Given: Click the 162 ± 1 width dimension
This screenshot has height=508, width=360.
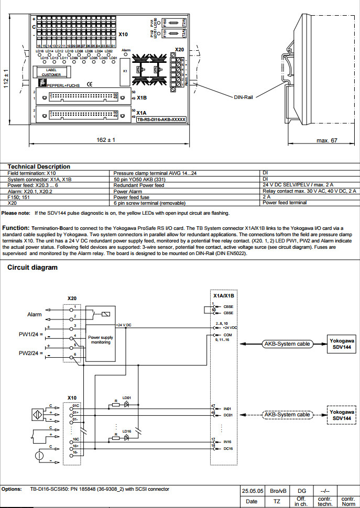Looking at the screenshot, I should [x=106, y=140].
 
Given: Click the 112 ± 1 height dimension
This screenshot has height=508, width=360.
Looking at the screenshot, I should [x=6, y=79].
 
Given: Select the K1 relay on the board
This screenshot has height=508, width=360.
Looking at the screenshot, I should [x=125, y=70].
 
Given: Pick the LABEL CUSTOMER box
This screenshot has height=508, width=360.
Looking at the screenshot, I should [x=51, y=72].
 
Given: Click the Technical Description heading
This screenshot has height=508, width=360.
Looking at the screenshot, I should [x=39, y=167].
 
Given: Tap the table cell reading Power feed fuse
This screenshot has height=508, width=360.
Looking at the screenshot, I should [x=131, y=196].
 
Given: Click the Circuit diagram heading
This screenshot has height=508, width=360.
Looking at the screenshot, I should [x=32, y=268].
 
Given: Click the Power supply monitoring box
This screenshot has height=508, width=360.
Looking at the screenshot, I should [x=101, y=340].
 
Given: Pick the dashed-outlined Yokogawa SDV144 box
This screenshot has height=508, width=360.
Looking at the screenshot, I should [x=342, y=415].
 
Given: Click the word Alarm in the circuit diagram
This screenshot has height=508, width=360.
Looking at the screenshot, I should [x=35, y=314].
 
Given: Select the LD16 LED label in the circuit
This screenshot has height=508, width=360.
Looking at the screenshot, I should [x=127, y=431].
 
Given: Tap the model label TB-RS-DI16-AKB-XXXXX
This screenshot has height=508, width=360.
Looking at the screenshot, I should [x=161, y=119].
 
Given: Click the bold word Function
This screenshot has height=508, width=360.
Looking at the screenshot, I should [x=16, y=228].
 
